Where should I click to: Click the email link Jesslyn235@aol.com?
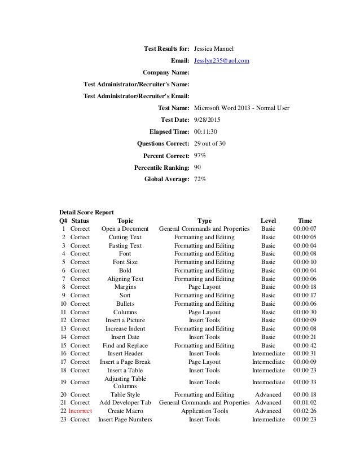pos(221,60)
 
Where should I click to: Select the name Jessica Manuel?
pos(217,48)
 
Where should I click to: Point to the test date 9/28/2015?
pos(207,120)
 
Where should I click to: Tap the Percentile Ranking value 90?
pos(197,167)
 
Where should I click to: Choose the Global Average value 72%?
pos(200,179)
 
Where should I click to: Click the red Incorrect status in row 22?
pos(80,411)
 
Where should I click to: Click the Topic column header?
pos(125,221)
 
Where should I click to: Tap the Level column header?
pos(268,221)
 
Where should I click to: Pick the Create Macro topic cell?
pos(125,411)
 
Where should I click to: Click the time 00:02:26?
pos(305,411)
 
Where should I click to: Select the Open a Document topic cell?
pos(125,229)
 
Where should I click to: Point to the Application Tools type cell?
pos(204,411)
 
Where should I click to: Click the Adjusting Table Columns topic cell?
pos(125,383)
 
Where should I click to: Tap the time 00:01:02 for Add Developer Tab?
pos(305,403)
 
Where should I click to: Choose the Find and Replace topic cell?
pos(125,345)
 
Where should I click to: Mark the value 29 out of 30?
pos(210,143)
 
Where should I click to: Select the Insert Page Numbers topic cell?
pos(125,419)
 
